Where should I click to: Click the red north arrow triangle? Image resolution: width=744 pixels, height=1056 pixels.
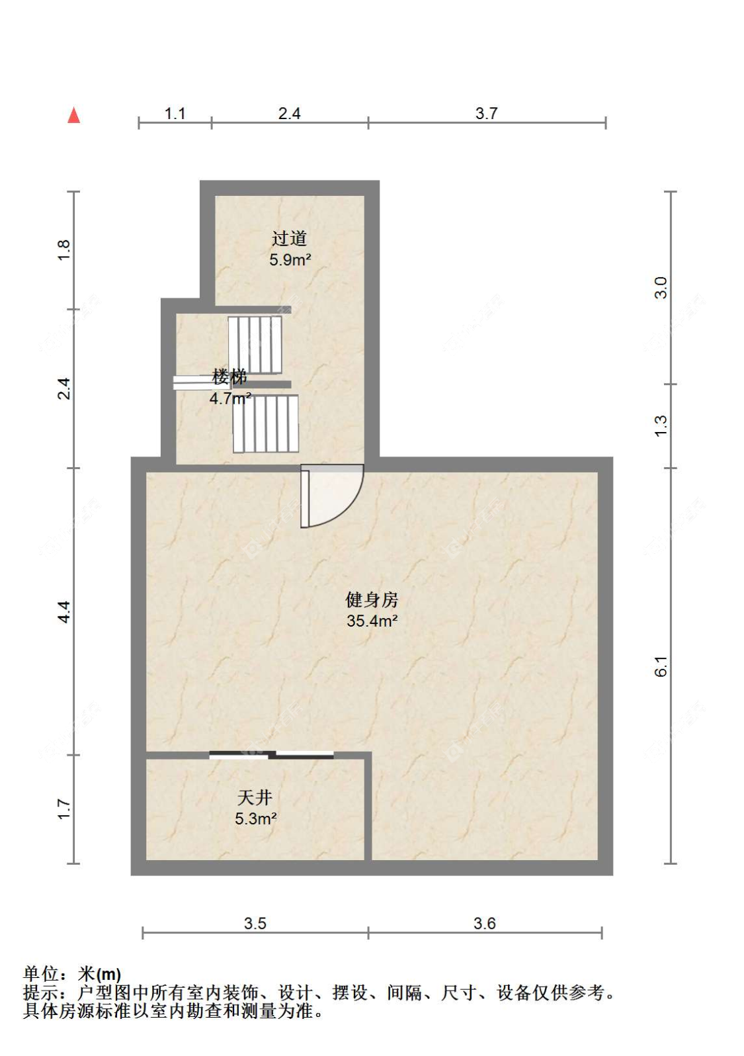pyautogui.click(x=73, y=116)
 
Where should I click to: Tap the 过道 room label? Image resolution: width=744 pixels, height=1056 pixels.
pyautogui.click(x=289, y=238)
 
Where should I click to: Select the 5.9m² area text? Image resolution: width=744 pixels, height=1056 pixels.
pyautogui.click(x=290, y=260)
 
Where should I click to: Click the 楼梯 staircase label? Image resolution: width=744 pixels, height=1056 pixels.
pyautogui.click(x=229, y=377)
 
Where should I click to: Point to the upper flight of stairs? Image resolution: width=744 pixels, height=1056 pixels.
pyautogui.click(x=255, y=344)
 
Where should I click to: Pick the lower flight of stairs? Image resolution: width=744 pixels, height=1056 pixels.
pyautogui.click(x=265, y=423)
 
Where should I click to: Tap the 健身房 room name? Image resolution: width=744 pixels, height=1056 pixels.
pyautogui.click(x=372, y=599)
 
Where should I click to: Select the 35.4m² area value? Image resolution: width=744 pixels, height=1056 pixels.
pyautogui.click(x=372, y=621)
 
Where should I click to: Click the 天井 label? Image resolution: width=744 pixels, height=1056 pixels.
pyautogui.click(x=255, y=797)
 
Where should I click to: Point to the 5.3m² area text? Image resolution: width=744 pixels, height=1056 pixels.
pyautogui.click(x=255, y=818)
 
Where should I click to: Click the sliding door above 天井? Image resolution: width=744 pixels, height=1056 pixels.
pyautogui.click(x=271, y=754)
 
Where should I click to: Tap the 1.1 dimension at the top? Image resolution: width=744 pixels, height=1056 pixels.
pyautogui.click(x=175, y=114)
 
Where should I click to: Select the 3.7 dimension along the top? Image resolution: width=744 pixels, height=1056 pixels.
pyautogui.click(x=486, y=114)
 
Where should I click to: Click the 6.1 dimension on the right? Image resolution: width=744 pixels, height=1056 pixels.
pyautogui.click(x=661, y=666)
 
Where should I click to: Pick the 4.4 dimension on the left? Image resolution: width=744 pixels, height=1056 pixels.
pyautogui.click(x=63, y=611)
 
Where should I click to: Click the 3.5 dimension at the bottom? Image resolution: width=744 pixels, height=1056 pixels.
pyautogui.click(x=255, y=924)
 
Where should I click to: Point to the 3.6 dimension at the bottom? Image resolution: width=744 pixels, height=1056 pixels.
pyautogui.click(x=484, y=924)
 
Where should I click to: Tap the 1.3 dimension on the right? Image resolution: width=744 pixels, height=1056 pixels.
pyautogui.click(x=661, y=425)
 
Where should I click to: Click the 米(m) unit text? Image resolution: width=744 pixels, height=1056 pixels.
pyautogui.click(x=99, y=974)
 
